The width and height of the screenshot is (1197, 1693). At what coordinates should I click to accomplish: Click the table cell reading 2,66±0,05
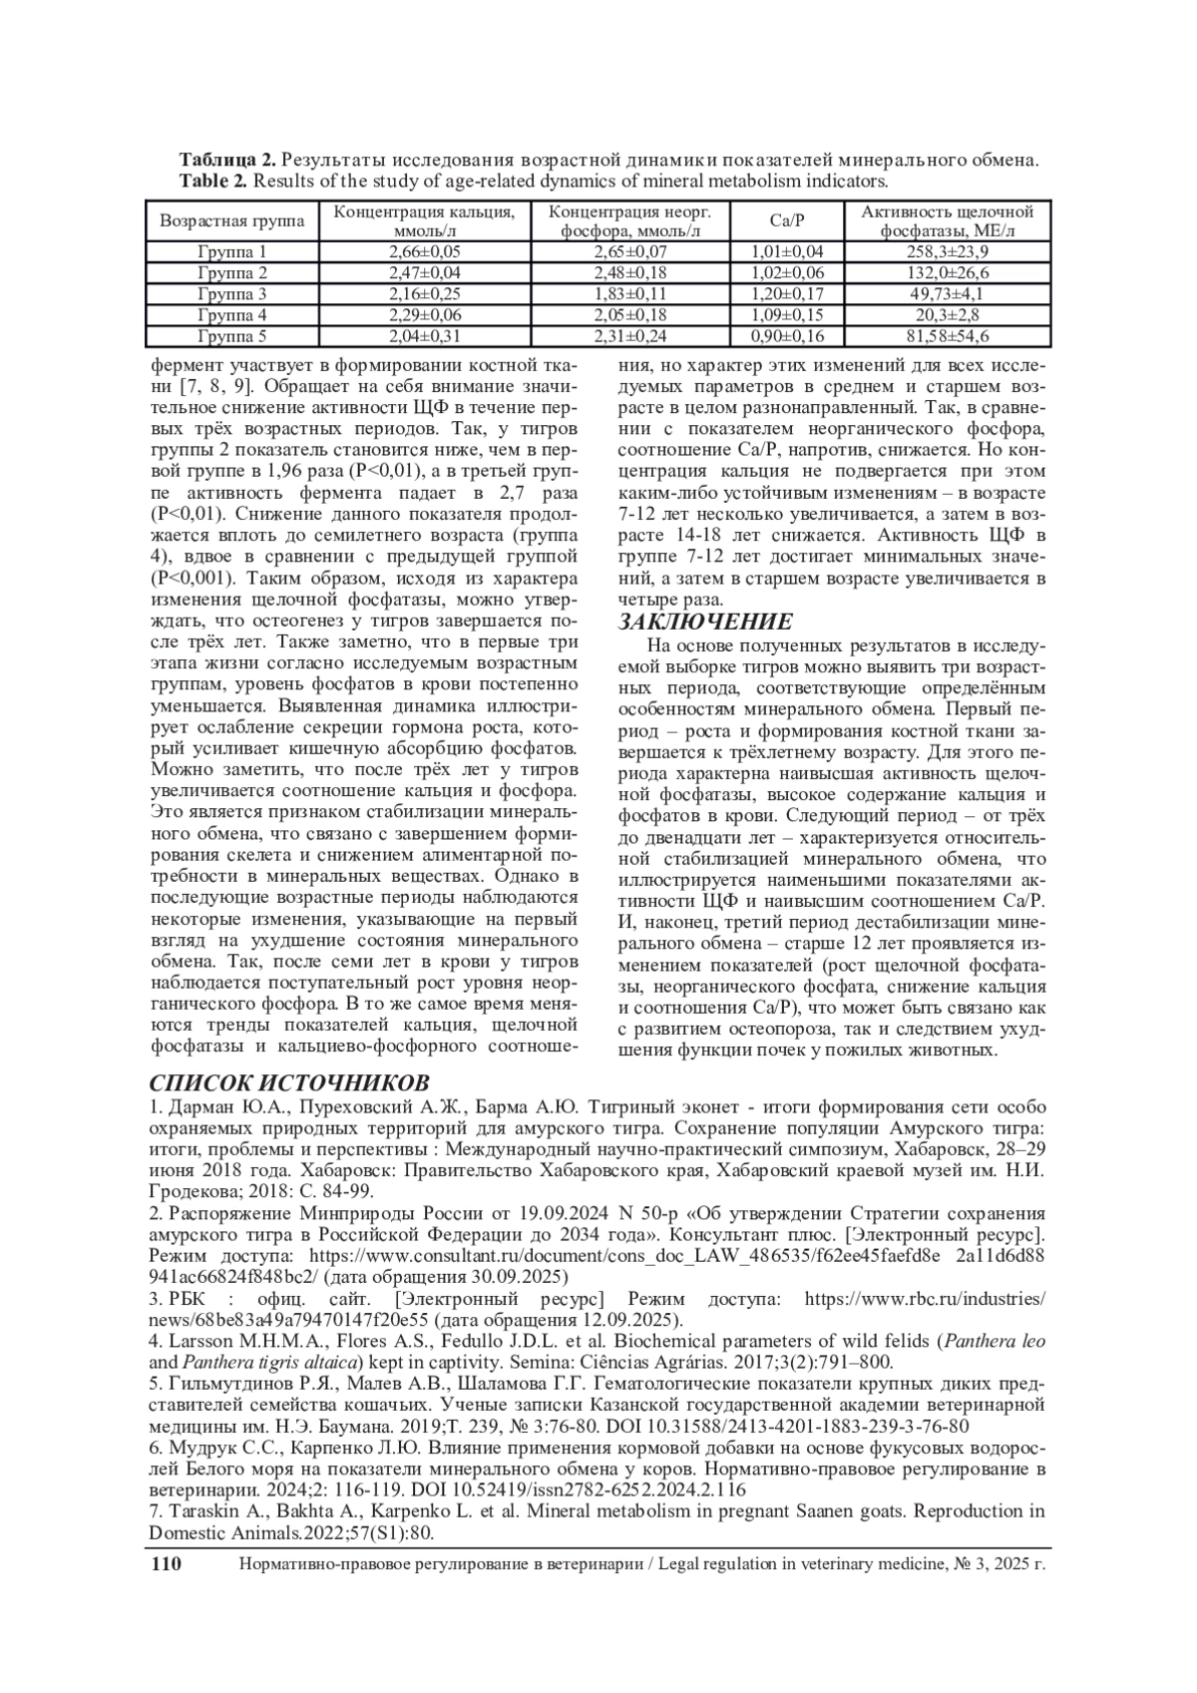coord(424,251)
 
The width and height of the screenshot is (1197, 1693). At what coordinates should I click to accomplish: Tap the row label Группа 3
coord(232,294)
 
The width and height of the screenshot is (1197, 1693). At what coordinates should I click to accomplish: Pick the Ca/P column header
coord(787,220)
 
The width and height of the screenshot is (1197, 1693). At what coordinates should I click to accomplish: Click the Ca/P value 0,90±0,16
coord(787,336)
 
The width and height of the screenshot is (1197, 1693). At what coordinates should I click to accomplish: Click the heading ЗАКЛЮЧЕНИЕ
coord(705,622)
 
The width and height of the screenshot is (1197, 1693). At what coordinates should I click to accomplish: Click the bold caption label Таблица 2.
coord(226,160)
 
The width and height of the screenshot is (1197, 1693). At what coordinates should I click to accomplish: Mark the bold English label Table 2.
coord(213,181)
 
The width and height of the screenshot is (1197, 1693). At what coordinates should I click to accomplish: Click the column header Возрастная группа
coord(232,220)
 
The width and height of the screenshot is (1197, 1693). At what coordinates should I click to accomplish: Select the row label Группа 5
coord(232,336)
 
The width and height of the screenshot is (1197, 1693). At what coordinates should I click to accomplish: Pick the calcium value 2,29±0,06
coord(424,315)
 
